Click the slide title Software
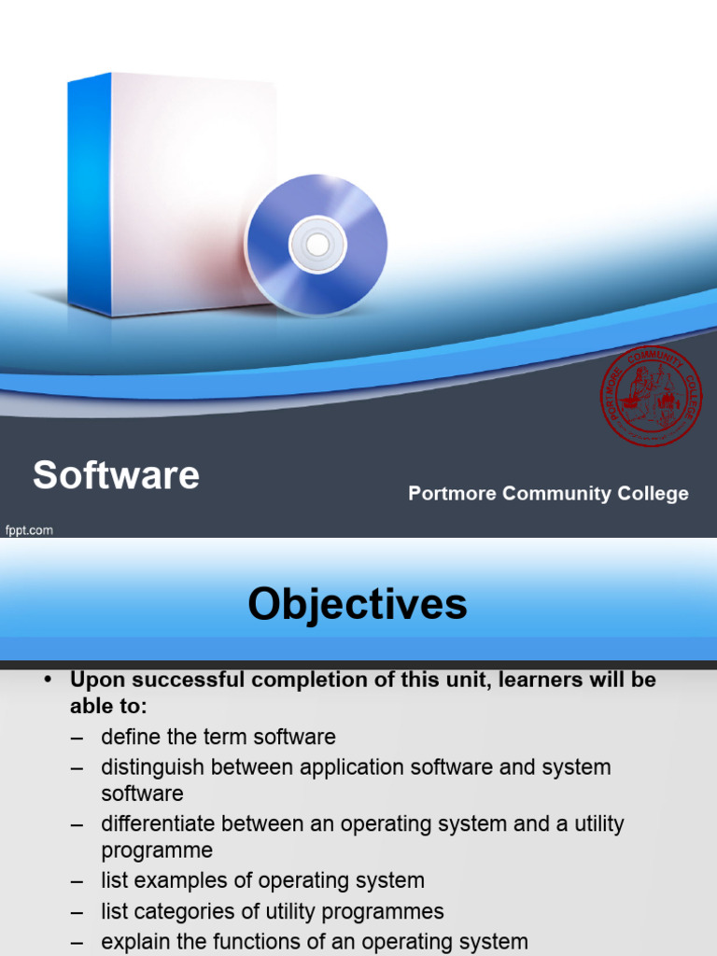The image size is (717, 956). coord(116,475)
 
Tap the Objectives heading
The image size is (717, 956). coord(358,604)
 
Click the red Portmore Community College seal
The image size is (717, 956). coord(651,395)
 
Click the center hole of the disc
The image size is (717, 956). coord(317,245)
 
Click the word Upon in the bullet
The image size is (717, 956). coord(97,680)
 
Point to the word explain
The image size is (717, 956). coord(134,942)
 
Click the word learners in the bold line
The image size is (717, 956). coord(535,680)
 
